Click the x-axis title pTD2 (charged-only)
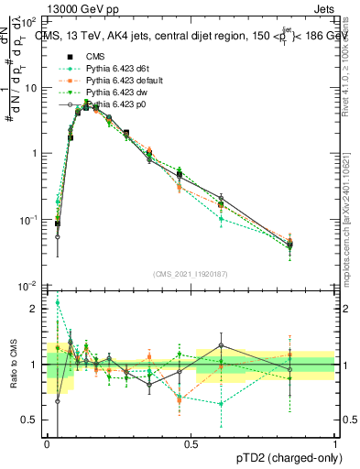283,457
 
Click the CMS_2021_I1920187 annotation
191,274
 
